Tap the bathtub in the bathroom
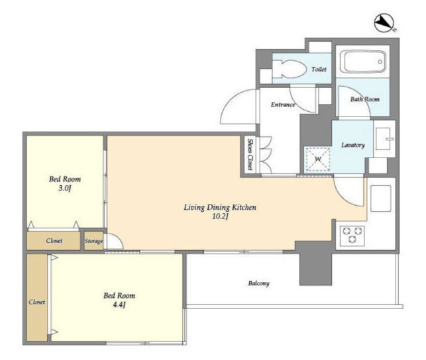[362, 62]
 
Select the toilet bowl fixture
[289, 68]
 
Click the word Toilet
[319, 69]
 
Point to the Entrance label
[283, 105]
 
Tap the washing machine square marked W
[318, 159]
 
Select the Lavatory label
[353, 145]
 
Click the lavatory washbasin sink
[384, 139]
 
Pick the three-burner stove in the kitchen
[352, 235]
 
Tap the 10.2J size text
[220, 216]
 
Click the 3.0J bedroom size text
[65, 188]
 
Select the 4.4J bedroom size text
[119, 304]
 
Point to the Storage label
[93, 241]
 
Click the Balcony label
[258, 283]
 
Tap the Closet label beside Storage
[54, 241]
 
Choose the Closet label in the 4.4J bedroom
[37, 302]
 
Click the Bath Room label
[365, 99]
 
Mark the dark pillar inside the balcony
[315, 263]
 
